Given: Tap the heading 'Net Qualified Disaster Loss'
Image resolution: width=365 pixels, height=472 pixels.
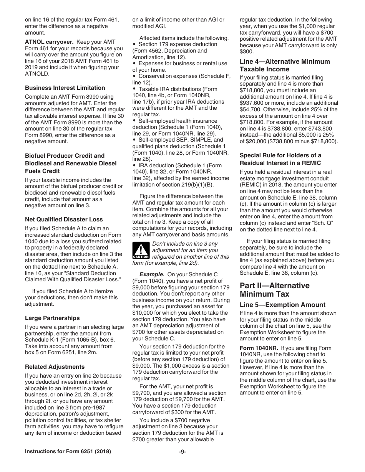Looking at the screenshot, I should (x=64, y=219).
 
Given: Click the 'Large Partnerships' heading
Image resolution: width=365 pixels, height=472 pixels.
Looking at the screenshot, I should (x=52, y=318).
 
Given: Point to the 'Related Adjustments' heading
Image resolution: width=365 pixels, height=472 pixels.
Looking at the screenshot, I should (x=55, y=367).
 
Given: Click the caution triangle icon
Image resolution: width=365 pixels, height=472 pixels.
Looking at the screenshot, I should (x=141, y=250).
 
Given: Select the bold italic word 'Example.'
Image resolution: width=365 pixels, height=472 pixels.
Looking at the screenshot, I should (x=152, y=274).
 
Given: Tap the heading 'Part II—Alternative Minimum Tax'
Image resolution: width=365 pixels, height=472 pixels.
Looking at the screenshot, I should (x=274, y=290).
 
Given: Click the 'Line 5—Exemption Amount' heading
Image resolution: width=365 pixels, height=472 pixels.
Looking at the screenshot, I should (x=282, y=305).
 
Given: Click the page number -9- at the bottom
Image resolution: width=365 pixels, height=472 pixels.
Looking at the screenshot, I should (x=182, y=452).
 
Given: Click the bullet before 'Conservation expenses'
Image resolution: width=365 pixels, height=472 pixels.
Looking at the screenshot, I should (x=134, y=76).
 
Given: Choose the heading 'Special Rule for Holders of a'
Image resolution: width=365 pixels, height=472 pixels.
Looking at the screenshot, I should (x=280, y=155).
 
